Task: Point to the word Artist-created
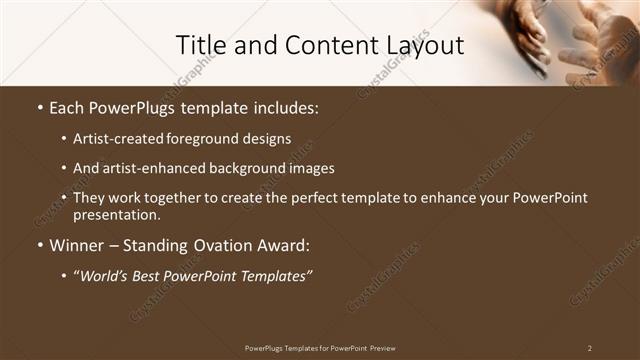click(x=114, y=138)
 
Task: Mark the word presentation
click(x=115, y=215)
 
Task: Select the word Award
click(x=284, y=245)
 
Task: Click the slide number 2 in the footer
click(x=589, y=347)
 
